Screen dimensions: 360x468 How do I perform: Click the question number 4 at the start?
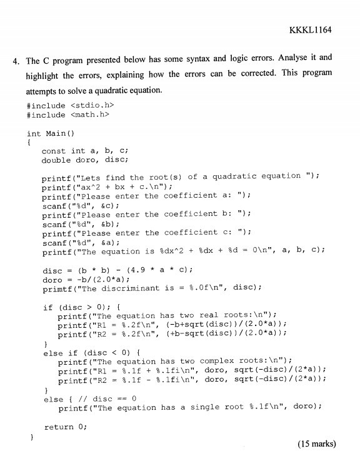[x=15, y=61]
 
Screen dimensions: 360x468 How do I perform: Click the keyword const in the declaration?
[x=54, y=151]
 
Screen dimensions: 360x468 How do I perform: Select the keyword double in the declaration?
[x=56, y=160]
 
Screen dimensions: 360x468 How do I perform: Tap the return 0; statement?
[x=64, y=427]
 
